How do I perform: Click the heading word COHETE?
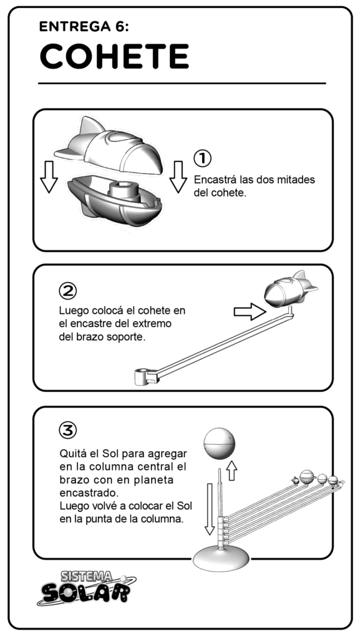[x=114, y=56]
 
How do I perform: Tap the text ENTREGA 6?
[x=84, y=27]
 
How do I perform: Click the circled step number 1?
[x=202, y=158]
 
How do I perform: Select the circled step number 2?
[x=68, y=290]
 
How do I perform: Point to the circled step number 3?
[x=68, y=429]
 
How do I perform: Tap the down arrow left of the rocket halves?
[x=49, y=177]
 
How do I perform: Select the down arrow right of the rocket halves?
[x=178, y=177]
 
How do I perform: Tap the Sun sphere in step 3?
[x=220, y=442]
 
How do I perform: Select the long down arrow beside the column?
[x=209, y=509]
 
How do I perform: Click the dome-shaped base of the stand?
[x=221, y=559]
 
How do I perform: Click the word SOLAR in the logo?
[x=85, y=593]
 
